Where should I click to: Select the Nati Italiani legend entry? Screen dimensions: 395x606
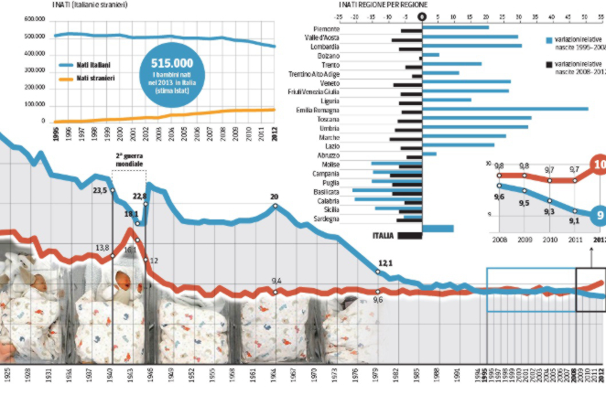[94, 65]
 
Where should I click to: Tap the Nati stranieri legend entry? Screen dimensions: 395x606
[95, 80]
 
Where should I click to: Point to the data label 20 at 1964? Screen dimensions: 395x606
[274, 197]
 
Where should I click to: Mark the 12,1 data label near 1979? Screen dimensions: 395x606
[384, 263]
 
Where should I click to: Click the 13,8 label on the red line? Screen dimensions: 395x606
[102, 249]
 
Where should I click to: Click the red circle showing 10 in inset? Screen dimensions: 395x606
[596, 165]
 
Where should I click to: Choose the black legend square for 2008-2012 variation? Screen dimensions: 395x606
[547, 65]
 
